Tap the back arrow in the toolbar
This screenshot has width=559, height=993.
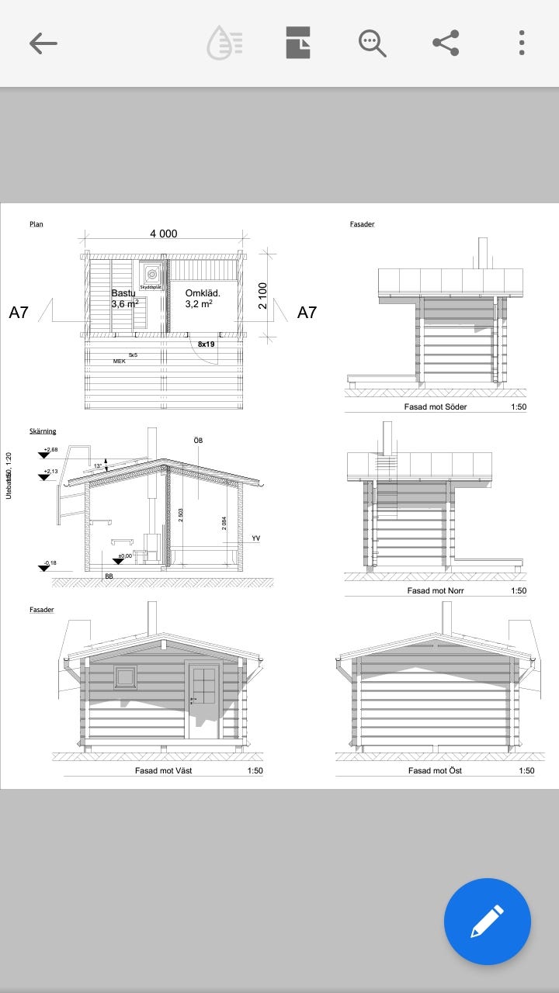click(43, 43)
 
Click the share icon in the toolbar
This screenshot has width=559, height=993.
click(446, 43)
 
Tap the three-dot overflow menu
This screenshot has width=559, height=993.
click(522, 43)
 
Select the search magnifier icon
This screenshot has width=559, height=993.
click(372, 43)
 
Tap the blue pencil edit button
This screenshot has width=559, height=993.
click(487, 922)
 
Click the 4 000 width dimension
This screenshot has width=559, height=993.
click(163, 234)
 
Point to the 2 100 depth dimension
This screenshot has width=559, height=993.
click(262, 296)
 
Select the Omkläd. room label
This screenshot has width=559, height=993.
click(203, 293)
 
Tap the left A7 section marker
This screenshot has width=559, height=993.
click(19, 313)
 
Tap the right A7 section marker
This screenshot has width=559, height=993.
click(307, 313)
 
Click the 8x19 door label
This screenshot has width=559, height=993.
click(206, 344)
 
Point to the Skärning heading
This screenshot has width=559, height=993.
click(43, 431)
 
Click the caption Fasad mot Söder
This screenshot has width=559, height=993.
click(436, 407)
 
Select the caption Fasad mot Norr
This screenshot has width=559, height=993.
click(436, 590)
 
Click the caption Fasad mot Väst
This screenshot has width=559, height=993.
click(163, 770)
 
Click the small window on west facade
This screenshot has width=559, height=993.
click(125, 677)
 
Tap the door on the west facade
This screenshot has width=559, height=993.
click(203, 698)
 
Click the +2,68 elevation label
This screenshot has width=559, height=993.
click(51, 450)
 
